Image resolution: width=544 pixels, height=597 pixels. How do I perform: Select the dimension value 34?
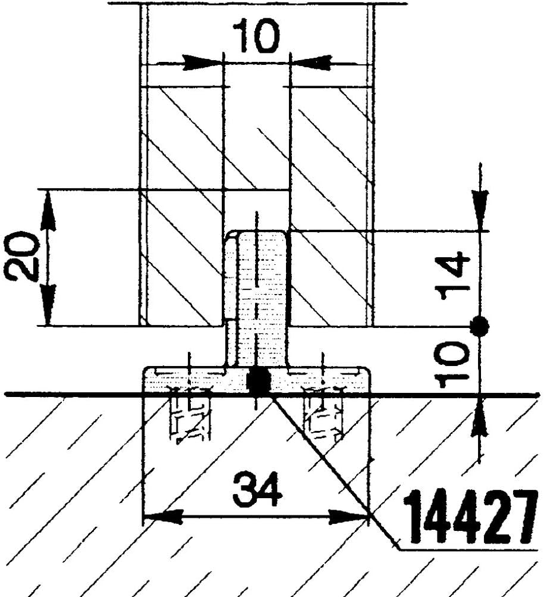coord(257,489)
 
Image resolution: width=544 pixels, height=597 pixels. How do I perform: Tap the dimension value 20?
coord(20,256)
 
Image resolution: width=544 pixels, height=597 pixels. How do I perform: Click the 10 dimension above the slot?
coord(256,36)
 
